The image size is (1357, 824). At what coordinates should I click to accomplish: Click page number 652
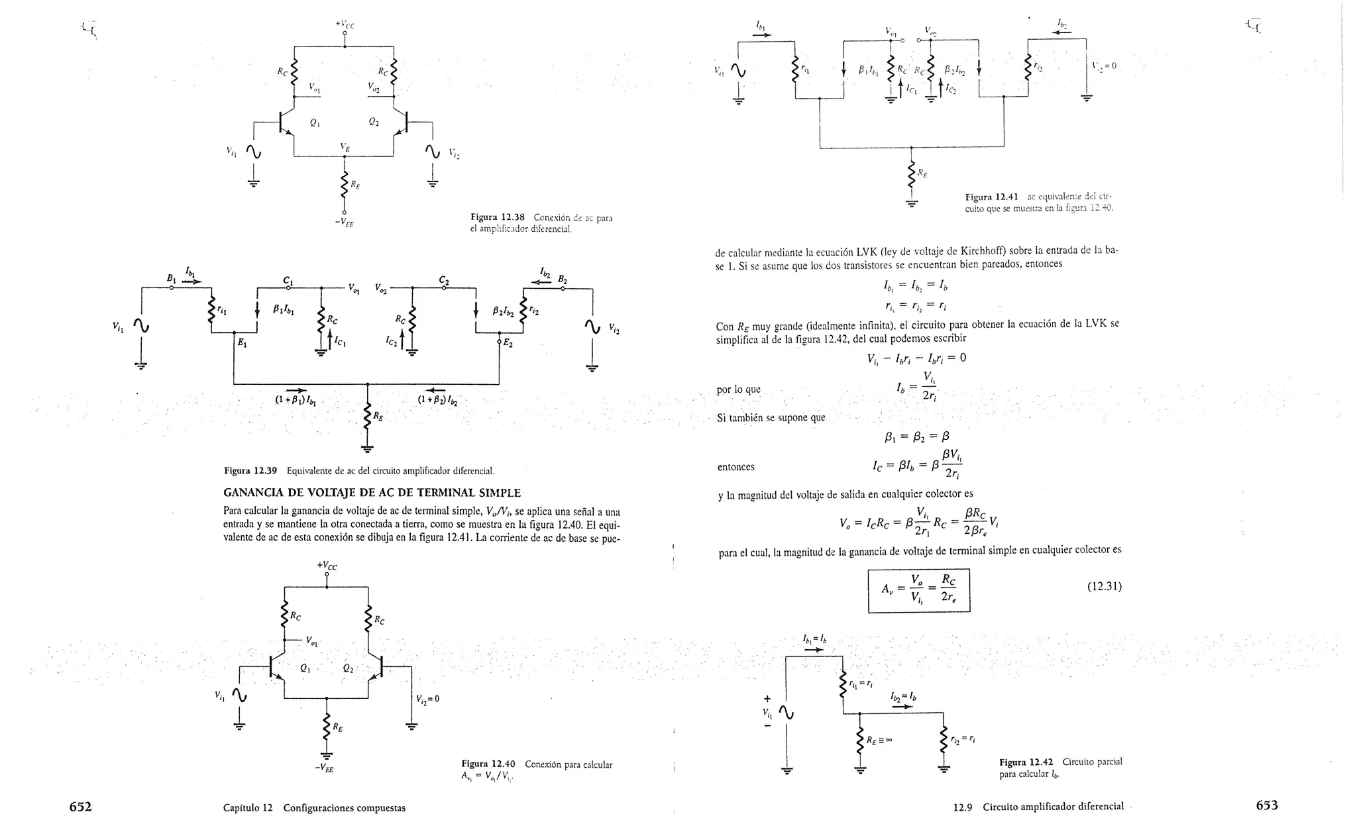click(x=80, y=806)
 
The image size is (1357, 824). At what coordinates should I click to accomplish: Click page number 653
click(x=1266, y=805)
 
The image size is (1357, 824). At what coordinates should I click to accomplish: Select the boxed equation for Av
click(x=918, y=590)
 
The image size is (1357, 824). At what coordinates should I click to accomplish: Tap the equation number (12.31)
click(x=1104, y=586)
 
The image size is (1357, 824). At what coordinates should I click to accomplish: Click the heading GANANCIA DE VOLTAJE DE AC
click(x=372, y=493)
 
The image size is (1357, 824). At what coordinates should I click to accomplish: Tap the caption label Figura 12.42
click(x=1026, y=762)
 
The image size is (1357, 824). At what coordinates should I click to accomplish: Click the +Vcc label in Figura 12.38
click(x=345, y=25)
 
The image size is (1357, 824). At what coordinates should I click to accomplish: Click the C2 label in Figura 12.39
click(x=444, y=281)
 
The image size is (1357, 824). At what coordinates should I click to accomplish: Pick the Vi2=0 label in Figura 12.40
click(x=427, y=699)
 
